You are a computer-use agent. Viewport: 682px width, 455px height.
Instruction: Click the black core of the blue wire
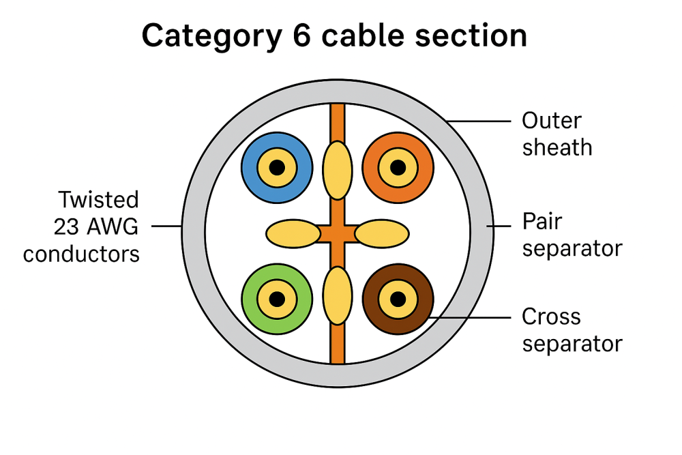click(277, 167)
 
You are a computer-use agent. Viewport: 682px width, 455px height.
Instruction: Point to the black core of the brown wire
click(397, 298)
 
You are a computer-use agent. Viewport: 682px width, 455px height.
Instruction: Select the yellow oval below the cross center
click(337, 297)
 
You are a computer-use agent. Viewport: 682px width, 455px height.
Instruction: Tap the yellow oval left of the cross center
click(293, 233)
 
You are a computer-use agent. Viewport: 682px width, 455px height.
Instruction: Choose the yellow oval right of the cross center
click(382, 233)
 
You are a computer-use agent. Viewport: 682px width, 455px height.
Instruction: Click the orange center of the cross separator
click(337, 233)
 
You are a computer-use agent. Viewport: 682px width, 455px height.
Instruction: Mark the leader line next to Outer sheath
click(477, 121)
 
